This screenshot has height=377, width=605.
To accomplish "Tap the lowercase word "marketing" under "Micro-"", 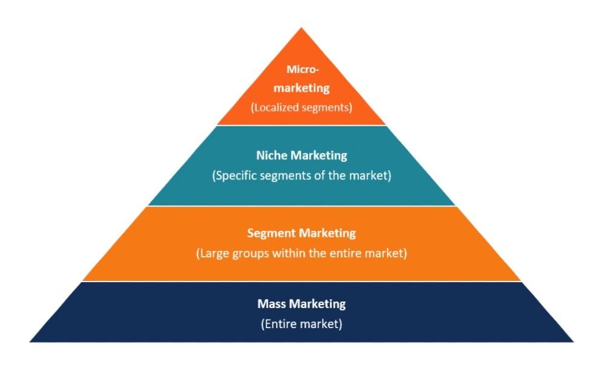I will (x=301, y=88).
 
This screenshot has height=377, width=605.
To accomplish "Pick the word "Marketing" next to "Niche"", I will (x=319, y=155).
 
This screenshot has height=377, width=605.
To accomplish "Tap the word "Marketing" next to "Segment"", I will (x=327, y=233).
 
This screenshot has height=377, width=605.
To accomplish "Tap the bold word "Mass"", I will (x=271, y=303).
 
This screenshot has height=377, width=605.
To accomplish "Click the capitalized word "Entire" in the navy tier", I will (x=282, y=324).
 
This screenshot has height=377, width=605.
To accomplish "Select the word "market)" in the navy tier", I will (x=323, y=324).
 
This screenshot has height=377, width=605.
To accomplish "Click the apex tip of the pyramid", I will (x=301, y=28).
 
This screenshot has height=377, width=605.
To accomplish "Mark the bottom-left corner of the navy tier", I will (x=30, y=341).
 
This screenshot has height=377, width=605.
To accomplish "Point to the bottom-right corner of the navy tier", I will (x=572, y=341).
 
